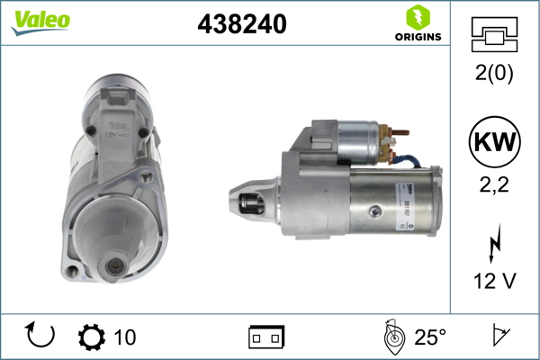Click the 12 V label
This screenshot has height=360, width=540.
pos(494,282)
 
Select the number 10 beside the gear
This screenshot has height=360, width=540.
pos(125,337)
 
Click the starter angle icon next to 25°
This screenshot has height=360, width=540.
pos(391,337)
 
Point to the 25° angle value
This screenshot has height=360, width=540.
pos(429,337)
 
